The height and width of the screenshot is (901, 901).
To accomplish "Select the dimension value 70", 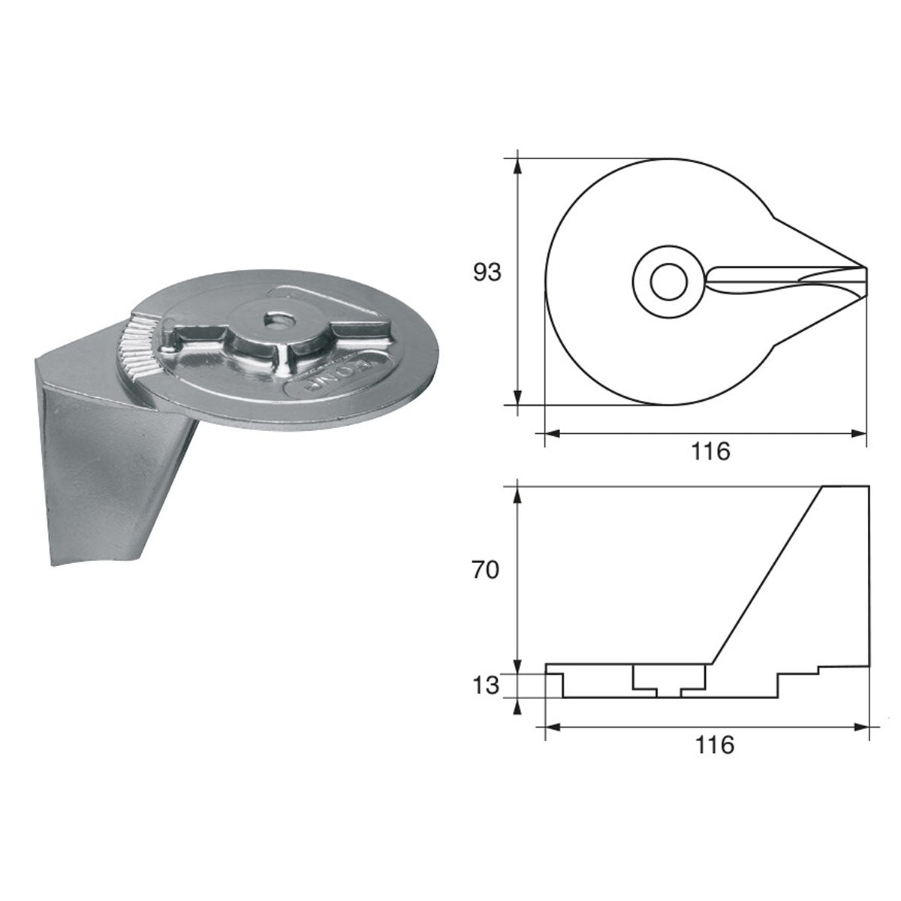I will [x=487, y=571].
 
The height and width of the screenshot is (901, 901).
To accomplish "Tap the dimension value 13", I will [x=487, y=685].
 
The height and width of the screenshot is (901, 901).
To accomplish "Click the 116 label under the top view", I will [x=712, y=452].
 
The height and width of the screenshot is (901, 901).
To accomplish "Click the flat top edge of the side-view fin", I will [x=847, y=487].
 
